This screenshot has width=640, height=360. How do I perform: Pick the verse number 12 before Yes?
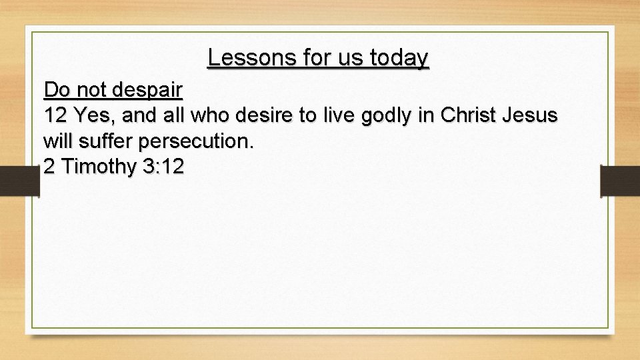56,115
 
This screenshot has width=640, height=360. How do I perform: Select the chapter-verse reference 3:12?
162,167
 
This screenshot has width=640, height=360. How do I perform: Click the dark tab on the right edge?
619,181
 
